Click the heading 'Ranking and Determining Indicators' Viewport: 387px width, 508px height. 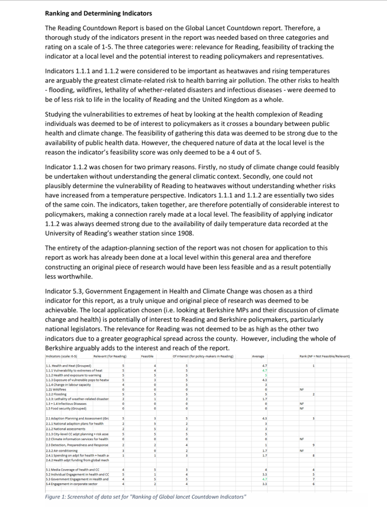point(99,13)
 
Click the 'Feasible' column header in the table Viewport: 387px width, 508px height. point(147,356)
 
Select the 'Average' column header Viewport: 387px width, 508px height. point(258,356)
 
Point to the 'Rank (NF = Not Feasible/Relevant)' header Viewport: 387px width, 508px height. point(325,356)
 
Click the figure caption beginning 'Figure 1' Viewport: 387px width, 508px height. point(146,497)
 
